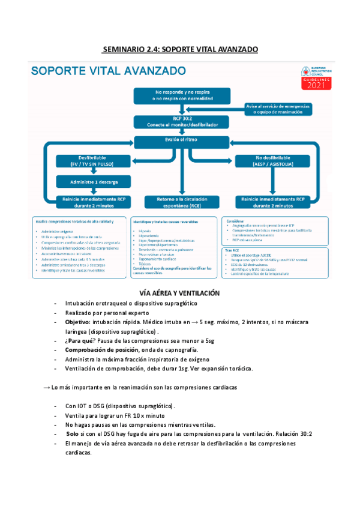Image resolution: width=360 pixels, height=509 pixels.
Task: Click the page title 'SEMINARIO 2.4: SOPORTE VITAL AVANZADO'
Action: pyautogui.click(x=180, y=48)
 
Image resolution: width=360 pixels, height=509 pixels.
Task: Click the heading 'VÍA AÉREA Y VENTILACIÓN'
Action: pyautogui.click(x=179, y=294)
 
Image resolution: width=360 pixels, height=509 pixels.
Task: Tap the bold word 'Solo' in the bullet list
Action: pyautogui.click(x=73, y=434)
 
